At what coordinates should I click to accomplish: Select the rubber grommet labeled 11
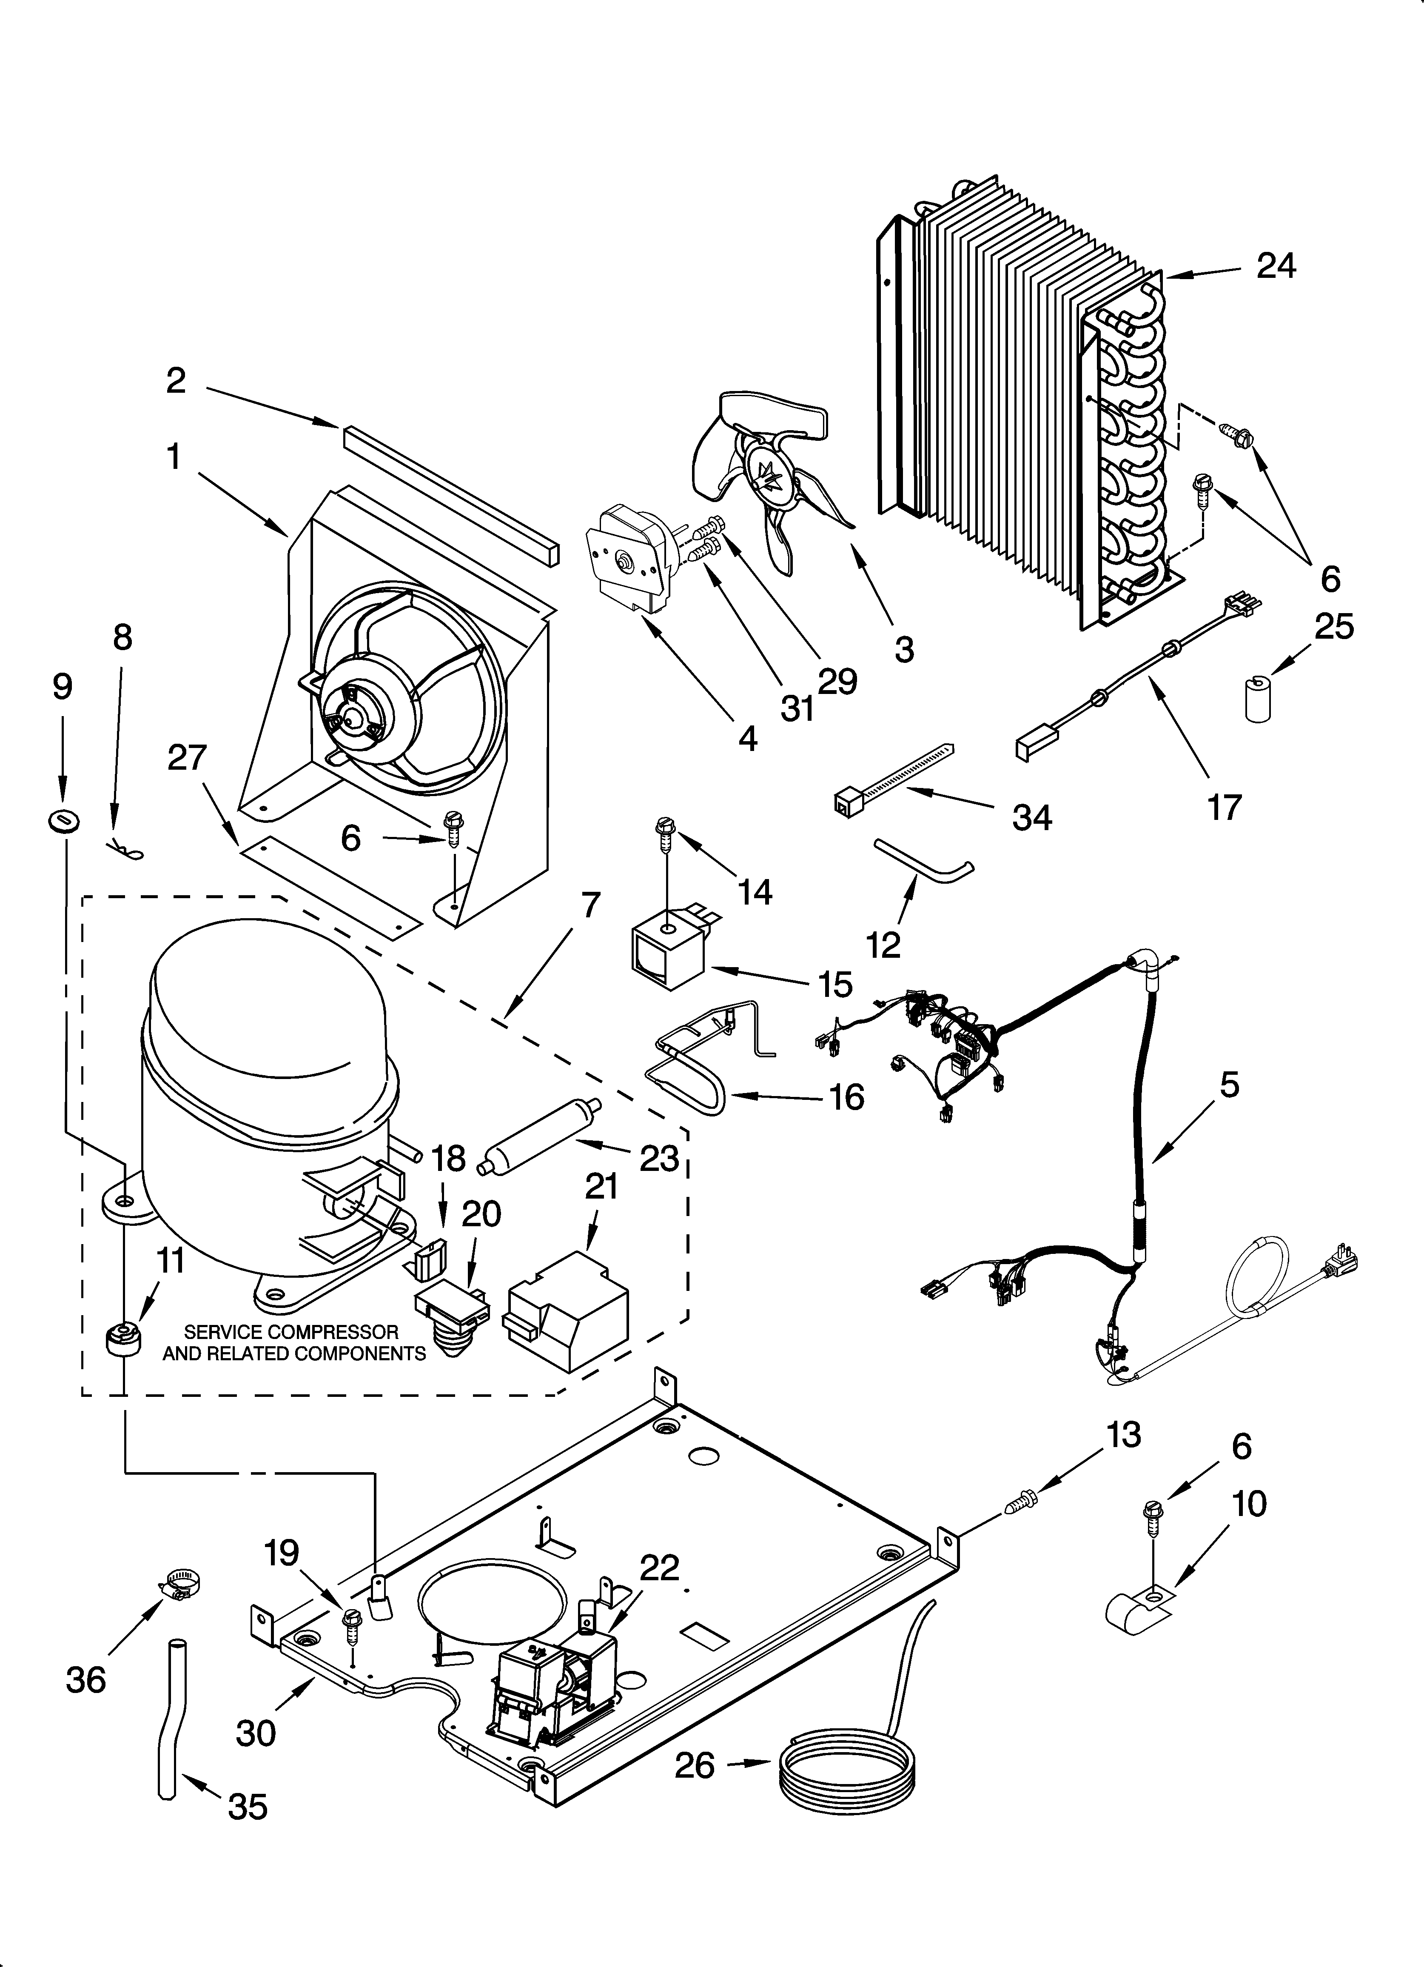click(x=122, y=1339)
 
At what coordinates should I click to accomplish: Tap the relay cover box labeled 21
click(x=568, y=1318)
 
